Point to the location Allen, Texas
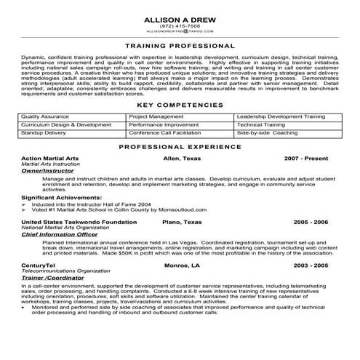pos(181,158)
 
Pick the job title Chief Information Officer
pos(60,236)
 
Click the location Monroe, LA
pos(182,268)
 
